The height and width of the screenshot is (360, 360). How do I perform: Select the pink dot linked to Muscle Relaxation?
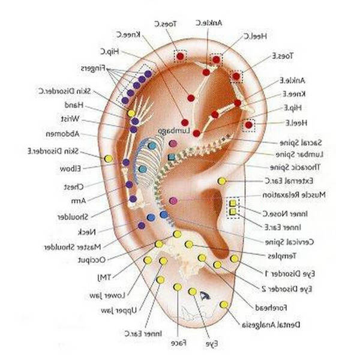tap(173, 200)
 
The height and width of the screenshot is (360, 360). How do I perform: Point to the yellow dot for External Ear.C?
tap(221, 181)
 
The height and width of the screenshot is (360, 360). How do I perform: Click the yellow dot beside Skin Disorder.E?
tap(108, 158)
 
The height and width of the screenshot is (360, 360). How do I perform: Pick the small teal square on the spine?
tap(172, 157)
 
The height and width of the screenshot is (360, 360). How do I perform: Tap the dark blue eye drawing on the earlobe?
tap(206, 295)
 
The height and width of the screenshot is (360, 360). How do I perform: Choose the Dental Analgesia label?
tap(267, 325)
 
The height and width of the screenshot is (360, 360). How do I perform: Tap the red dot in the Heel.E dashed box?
tap(248, 125)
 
